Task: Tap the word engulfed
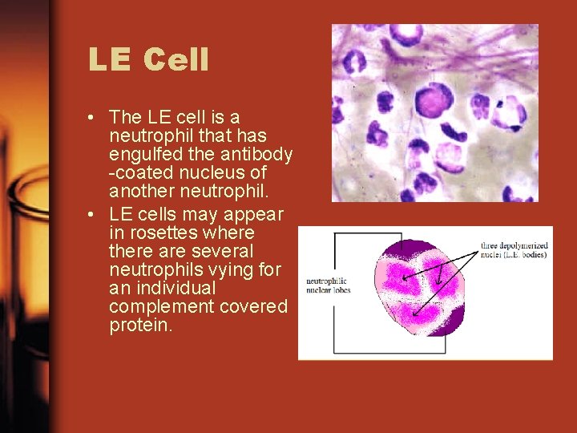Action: tap(143, 154)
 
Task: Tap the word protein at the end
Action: tap(140, 326)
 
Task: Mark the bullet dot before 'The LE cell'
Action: tap(95, 117)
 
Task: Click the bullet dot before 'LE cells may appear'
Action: tap(95, 215)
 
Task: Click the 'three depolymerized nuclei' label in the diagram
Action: tap(513, 249)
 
